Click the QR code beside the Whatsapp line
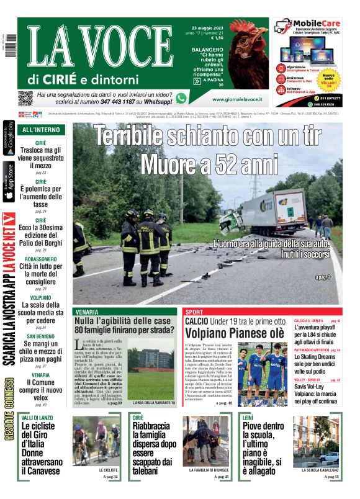[25, 98]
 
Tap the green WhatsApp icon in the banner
[181, 98]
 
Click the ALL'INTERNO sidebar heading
[40, 130]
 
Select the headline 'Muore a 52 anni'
[207, 164]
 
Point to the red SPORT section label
[194, 312]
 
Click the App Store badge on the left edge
[9, 181]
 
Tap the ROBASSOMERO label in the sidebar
[40, 259]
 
